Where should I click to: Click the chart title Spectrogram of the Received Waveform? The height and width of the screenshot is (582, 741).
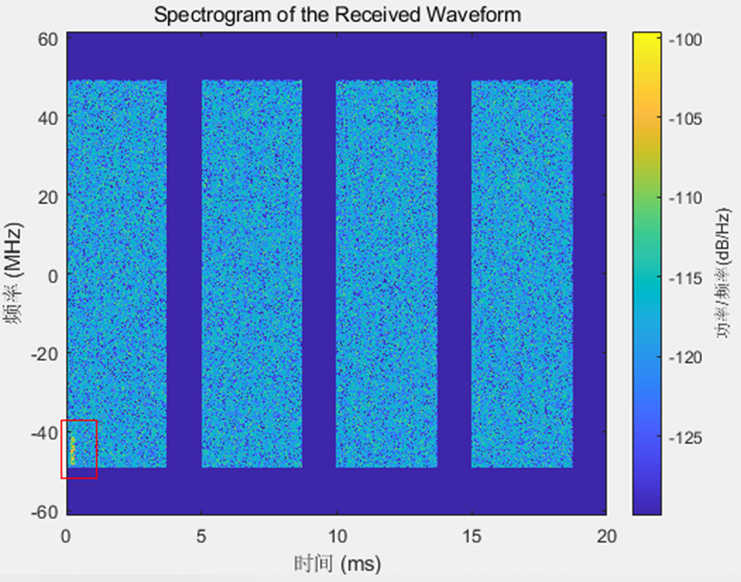coord(337,15)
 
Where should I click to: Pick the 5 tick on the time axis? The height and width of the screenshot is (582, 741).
coord(200,535)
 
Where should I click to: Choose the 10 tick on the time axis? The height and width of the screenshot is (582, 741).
coord(336,535)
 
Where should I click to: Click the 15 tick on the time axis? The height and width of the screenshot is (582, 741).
coord(470,535)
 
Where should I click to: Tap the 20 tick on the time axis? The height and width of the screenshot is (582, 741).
coord(607,535)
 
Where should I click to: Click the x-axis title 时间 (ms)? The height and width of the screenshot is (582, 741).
coord(337,563)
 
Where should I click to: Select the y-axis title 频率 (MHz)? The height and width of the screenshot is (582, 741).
coord(16,275)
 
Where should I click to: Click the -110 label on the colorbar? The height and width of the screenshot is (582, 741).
coord(684,198)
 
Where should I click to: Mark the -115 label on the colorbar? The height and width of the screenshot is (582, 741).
coord(684,278)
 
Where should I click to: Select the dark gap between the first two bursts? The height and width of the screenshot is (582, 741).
coord(184,273)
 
